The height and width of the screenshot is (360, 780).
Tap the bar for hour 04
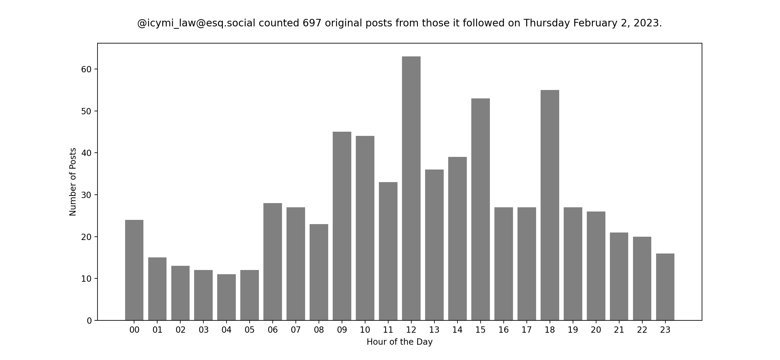coord(226,297)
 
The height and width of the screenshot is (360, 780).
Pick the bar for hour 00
coord(134,270)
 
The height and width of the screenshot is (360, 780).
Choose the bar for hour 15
coord(481,209)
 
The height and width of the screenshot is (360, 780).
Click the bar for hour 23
coord(665,287)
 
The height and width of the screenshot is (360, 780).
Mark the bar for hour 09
coord(342,226)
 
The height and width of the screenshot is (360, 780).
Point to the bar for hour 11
coord(388,251)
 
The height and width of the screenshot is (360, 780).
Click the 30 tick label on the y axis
coord(86,195)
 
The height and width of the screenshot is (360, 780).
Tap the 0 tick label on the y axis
coord(89,321)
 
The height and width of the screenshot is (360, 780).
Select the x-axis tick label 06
coord(272,330)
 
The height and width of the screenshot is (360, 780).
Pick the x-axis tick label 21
coord(619,330)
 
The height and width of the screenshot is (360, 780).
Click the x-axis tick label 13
coord(434,330)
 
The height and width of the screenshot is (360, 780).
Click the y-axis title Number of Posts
coord(73,182)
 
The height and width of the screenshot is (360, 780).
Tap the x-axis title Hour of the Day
coord(399,342)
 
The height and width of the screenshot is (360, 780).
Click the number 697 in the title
coord(312,23)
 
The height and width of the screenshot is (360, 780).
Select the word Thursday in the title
coord(547,23)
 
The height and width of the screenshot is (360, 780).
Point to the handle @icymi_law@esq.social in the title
coord(196,23)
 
